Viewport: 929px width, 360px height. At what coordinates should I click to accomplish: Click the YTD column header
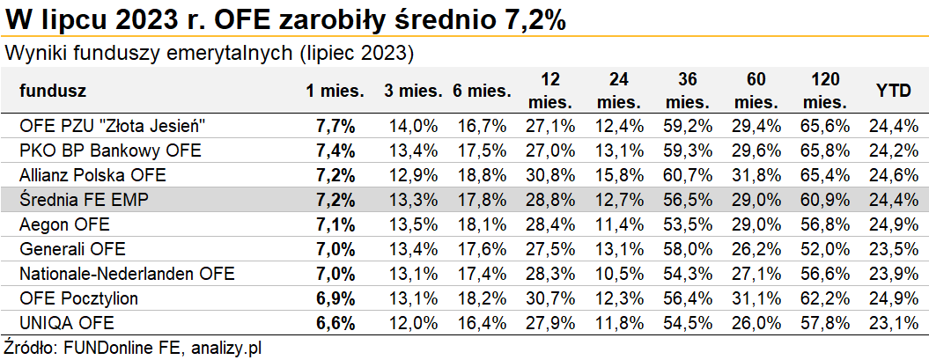click(x=893, y=90)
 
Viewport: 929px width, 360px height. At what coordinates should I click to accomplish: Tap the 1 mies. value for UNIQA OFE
click(x=335, y=323)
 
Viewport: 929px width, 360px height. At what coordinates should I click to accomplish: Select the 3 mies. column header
click(x=412, y=90)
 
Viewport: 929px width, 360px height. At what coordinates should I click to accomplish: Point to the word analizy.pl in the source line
click(x=225, y=347)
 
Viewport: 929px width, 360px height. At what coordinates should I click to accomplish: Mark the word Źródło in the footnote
click(x=30, y=347)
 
